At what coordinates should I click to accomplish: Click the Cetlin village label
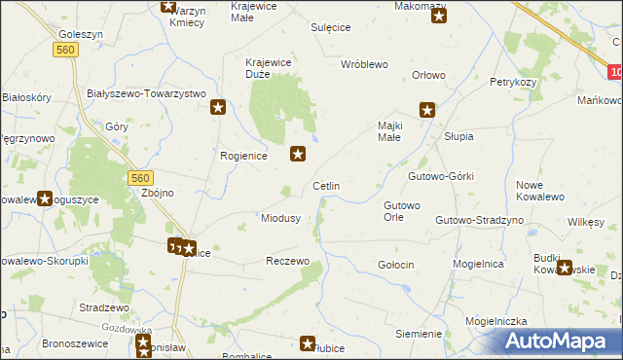tap(325, 186)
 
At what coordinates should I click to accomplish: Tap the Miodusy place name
tap(280, 218)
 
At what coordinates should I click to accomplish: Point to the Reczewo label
tap(287, 262)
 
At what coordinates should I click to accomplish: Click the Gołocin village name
tap(396, 265)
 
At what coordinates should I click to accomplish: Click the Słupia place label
tap(458, 137)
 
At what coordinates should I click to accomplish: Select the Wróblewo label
tap(364, 64)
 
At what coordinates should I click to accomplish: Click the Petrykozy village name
tap(514, 83)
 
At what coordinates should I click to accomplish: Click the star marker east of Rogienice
tap(299, 153)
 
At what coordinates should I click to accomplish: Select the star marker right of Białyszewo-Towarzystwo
tap(219, 107)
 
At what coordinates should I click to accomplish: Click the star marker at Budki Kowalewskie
tap(566, 269)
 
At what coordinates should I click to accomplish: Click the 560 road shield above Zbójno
tap(140, 177)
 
